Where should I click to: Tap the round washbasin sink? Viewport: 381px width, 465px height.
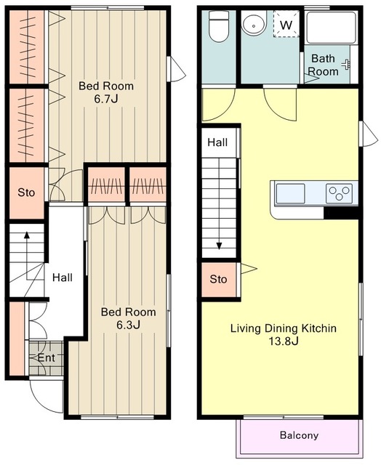click(x=254, y=23)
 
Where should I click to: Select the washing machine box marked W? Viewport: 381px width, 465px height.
click(x=286, y=25)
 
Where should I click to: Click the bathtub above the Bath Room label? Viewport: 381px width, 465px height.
click(x=331, y=28)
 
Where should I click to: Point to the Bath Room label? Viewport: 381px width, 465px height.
click(x=324, y=65)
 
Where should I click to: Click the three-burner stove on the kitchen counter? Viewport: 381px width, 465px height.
click(x=339, y=193)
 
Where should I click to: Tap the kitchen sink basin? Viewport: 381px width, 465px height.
click(x=290, y=193)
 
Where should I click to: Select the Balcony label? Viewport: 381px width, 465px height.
click(x=299, y=435)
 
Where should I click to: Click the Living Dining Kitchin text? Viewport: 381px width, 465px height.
click(x=284, y=328)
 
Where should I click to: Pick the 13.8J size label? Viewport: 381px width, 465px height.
click(x=284, y=341)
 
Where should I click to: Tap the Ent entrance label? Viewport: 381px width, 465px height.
click(x=47, y=357)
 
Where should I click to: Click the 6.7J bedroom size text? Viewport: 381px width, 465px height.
click(x=106, y=99)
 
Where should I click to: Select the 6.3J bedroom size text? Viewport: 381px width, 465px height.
click(x=128, y=325)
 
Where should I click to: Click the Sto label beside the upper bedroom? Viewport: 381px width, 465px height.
click(x=26, y=193)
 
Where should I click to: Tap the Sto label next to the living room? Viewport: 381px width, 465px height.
click(x=218, y=279)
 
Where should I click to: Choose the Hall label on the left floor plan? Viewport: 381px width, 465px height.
click(x=63, y=278)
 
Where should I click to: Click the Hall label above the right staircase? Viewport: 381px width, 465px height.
click(x=217, y=142)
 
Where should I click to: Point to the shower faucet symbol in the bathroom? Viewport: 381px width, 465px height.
click(x=346, y=65)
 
